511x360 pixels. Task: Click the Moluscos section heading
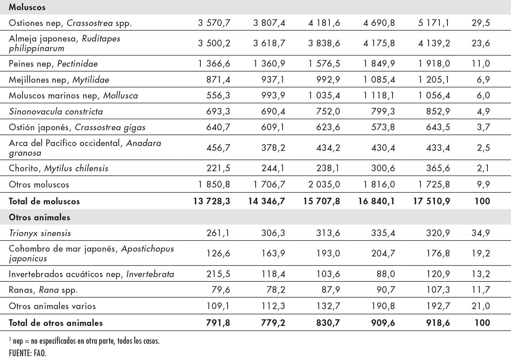pos(27,7)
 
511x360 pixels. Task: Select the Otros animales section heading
pos(39,217)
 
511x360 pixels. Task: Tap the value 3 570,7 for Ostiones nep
pos(214,23)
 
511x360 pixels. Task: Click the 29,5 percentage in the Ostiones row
pos(481,23)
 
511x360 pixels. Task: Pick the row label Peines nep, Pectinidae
pos(53,64)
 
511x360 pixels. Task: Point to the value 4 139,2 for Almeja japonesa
pos(434,43)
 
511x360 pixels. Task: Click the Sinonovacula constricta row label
pos(56,111)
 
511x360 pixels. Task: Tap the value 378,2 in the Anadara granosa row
pos(273,148)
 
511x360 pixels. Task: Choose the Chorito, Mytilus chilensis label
pos(59,168)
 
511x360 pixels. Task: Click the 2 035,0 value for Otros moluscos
pos(324,184)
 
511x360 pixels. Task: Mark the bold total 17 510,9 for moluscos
pos(432,201)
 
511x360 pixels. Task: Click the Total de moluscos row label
pos(44,201)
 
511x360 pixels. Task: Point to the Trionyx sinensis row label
pos(40,233)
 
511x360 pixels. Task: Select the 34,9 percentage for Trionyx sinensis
pos(481,233)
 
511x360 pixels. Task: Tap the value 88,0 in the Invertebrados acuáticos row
pos(387,274)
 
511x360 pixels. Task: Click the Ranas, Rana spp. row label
pos(43,290)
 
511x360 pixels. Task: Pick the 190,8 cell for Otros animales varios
pos(383,306)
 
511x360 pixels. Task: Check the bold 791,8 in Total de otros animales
pos(218,323)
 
